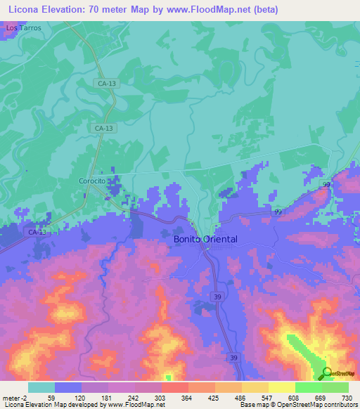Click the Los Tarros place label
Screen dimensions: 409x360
[x=23, y=28]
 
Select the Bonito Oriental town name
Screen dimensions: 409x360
[x=205, y=239]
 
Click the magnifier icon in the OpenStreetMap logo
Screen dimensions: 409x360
[x=326, y=373]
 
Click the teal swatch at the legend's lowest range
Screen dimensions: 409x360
[x=41, y=387]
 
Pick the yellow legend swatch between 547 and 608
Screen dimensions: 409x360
[x=281, y=387]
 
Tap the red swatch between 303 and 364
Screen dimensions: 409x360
[x=174, y=387]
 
